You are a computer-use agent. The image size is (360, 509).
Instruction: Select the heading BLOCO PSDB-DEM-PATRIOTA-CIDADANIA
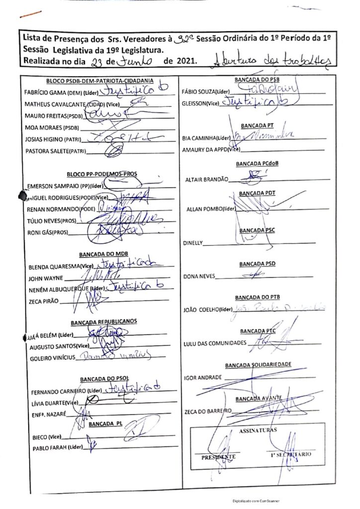[x=99, y=81]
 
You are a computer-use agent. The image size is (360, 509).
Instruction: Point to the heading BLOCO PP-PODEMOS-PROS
[x=102, y=174]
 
